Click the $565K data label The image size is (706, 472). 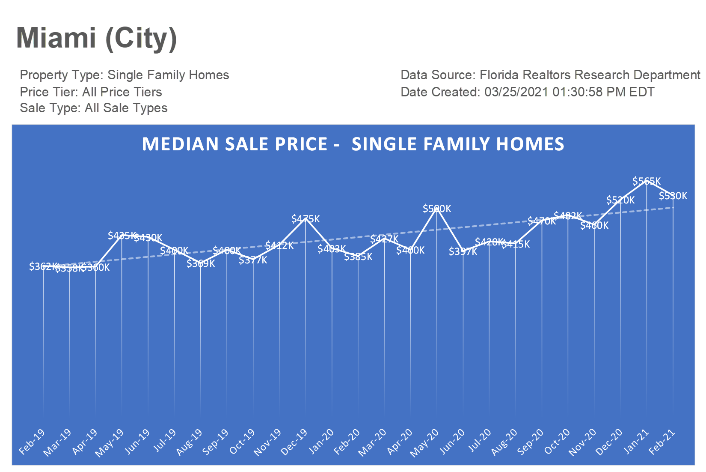point(647,181)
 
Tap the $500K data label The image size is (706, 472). point(437,209)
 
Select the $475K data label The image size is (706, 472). point(306,219)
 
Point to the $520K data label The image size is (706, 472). point(620,200)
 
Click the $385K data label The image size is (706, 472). point(358,257)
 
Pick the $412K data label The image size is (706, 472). point(279,245)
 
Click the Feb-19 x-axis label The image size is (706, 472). point(32,442)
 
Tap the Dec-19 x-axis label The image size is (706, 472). point(294,442)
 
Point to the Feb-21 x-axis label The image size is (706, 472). point(662,442)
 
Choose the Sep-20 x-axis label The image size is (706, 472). point(531,442)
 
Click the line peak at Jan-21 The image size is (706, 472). point(647,181)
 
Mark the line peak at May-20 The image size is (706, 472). point(437,209)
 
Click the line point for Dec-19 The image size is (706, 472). point(306,220)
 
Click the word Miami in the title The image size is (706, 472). point(56,38)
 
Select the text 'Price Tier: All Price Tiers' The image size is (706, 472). point(91,92)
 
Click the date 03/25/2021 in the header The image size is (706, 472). point(516,92)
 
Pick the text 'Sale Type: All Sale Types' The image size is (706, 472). point(93,108)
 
